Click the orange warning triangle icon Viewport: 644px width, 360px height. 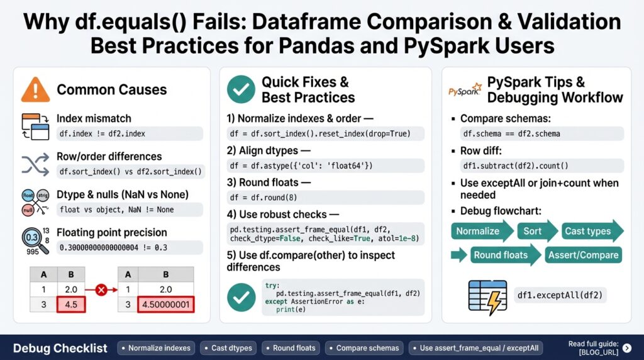pyautogui.click(x=35, y=89)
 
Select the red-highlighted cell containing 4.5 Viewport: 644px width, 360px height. pyautogui.click(x=71, y=305)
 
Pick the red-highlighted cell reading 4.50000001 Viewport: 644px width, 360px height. pyautogui.click(x=166, y=305)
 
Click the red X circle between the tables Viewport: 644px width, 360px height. pyautogui.click(x=99, y=291)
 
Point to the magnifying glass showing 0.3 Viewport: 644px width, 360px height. pyautogui.click(x=31, y=239)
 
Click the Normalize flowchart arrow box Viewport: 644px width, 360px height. pyautogui.click(x=480, y=231)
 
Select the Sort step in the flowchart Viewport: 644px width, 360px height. pyautogui.click(x=533, y=231)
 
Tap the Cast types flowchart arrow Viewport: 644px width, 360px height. pyautogui.click(x=589, y=231)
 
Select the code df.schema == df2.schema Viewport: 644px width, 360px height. pyautogui.click(x=511, y=133)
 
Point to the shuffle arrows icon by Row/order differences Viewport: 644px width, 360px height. pyautogui.click(x=35, y=164)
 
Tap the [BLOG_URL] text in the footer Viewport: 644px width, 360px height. pyautogui.click(x=598, y=352)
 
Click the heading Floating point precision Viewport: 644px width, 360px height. pyautogui.click(x=112, y=232)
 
